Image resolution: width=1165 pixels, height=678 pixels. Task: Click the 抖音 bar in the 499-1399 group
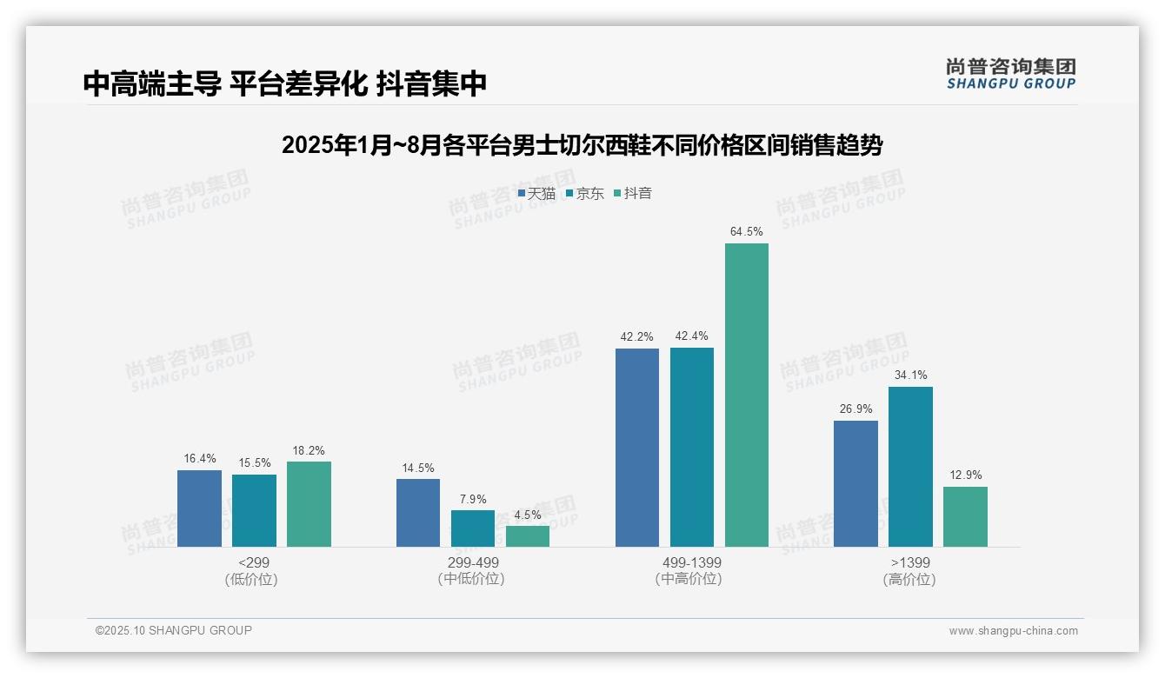[x=746, y=395]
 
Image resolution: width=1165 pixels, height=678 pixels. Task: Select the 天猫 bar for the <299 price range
[x=199, y=508]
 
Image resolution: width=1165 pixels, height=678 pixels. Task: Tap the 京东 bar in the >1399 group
[x=910, y=467]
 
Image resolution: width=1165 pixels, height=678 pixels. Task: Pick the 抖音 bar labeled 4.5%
[x=528, y=536]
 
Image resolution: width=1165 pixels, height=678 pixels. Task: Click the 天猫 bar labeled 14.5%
[x=418, y=513]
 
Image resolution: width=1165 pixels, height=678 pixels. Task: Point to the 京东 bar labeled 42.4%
[x=691, y=448]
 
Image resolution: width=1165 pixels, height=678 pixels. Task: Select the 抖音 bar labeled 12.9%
[x=965, y=516]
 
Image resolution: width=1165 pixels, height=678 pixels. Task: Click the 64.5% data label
[x=747, y=232]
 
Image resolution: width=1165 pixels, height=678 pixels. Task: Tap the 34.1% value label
[x=910, y=376]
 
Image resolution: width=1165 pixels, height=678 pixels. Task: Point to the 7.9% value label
[x=473, y=499]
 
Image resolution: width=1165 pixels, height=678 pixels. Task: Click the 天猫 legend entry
[x=536, y=194]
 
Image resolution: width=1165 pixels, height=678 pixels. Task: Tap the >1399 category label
[x=909, y=562]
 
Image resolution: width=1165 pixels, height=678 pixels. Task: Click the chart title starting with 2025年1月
[x=582, y=145]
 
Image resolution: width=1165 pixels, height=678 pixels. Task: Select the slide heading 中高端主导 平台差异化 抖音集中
[x=284, y=83]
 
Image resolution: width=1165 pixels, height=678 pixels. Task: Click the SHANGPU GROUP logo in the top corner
[x=1010, y=74]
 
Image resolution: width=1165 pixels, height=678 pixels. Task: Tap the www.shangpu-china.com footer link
[x=1013, y=631]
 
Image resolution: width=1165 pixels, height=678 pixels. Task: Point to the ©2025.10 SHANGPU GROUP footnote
[x=174, y=630]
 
